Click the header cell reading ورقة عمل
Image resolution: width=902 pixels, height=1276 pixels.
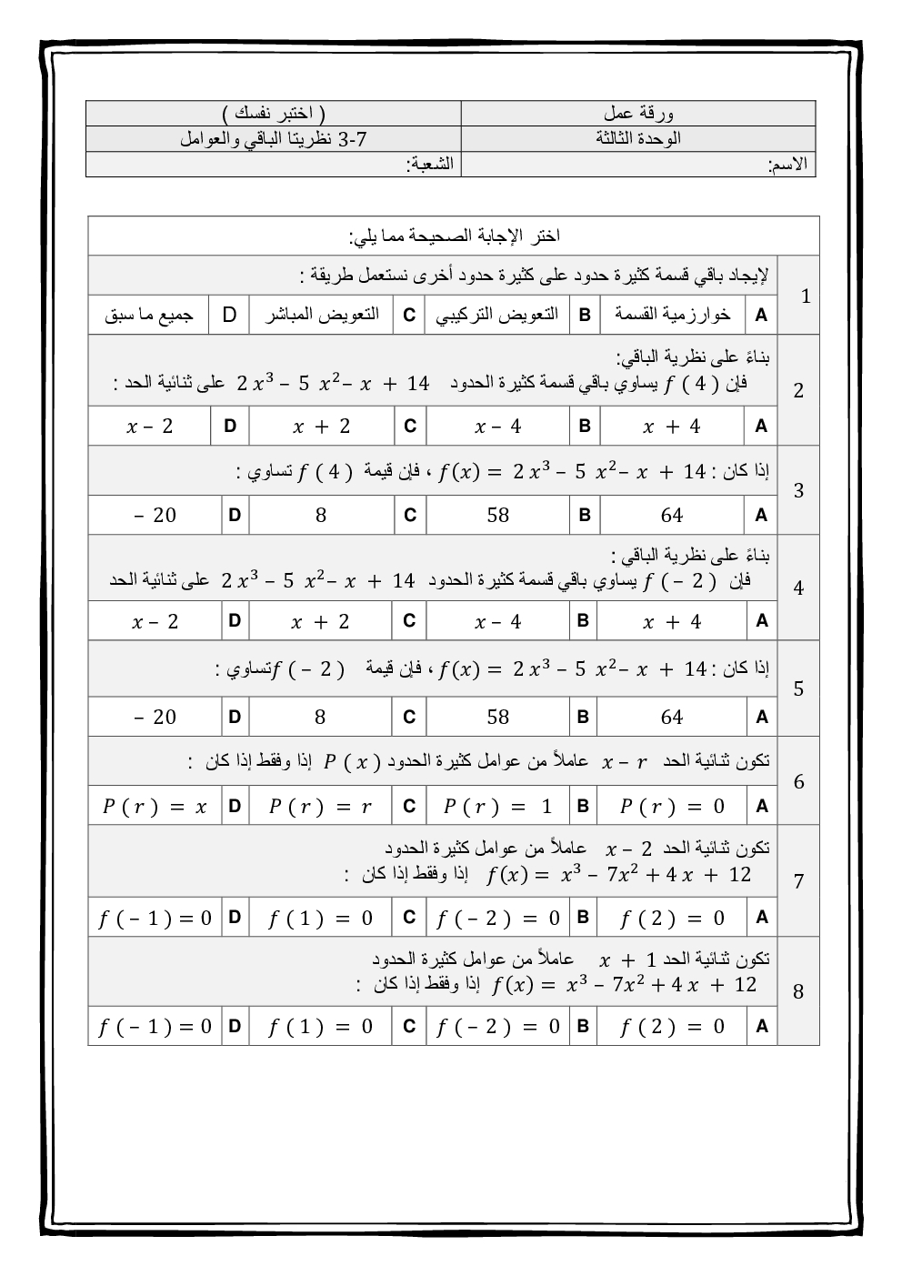coord(638,114)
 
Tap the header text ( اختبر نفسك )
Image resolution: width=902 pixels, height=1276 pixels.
coord(273,114)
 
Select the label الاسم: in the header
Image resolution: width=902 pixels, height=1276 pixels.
coord(787,165)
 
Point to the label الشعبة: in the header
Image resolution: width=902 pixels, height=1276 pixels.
coord(433,165)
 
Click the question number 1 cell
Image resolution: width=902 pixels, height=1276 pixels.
coord(805,296)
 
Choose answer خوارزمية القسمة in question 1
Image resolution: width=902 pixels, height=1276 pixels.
coord(672,315)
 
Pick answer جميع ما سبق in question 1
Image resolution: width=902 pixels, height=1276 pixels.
coord(149,316)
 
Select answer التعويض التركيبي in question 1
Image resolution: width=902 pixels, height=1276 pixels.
coord(497,315)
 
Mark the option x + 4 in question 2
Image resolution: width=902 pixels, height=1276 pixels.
coord(672,426)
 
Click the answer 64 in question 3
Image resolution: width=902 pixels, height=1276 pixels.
coord(672,516)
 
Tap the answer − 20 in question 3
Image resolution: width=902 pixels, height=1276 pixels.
coord(155,516)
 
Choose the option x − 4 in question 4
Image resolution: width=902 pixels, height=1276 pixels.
coord(497,622)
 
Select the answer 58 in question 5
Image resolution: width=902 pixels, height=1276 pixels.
coord(497,718)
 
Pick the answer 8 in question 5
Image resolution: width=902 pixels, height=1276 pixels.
coord(320,718)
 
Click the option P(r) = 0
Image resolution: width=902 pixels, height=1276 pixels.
coord(672,807)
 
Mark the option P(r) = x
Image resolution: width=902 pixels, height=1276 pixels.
coord(155,807)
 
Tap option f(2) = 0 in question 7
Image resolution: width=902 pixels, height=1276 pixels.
coord(672,919)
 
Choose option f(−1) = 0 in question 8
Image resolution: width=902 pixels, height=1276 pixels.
coord(155,1027)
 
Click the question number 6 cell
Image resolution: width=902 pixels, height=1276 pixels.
coord(798,782)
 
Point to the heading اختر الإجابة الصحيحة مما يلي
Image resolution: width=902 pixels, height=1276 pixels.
coord(454,236)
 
